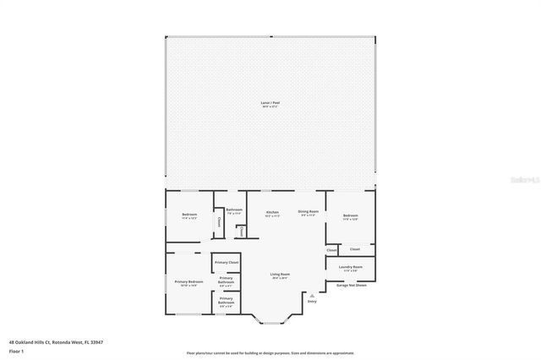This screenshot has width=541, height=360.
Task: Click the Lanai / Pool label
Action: coord(270,103)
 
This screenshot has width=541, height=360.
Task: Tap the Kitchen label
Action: coord(272,211)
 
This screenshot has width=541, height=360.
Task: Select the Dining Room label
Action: coord(308,211)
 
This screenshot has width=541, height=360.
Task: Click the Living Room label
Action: coord(280,275)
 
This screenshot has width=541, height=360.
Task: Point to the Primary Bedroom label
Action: coord(189,281)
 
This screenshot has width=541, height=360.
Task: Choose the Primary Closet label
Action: coord(226,263)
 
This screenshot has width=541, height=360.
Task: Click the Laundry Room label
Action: coord(352,267)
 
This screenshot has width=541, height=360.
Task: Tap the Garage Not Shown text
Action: coord(351,285)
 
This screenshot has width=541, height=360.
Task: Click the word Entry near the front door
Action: coord(312,301)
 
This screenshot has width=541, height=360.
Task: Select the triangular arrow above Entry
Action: coord(312,294)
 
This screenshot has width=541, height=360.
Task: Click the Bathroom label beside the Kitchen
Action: coord(234,210)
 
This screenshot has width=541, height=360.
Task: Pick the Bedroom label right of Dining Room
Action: coord(351,215)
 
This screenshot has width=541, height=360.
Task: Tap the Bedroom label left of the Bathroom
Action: coord(189,214)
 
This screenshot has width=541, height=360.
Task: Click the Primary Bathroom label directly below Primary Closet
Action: coord(226,280)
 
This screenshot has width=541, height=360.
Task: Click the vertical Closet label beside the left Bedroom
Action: coord(219,222)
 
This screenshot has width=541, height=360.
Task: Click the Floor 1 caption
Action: coord(16,350)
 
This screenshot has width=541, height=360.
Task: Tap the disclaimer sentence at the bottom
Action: coord(270,353)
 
